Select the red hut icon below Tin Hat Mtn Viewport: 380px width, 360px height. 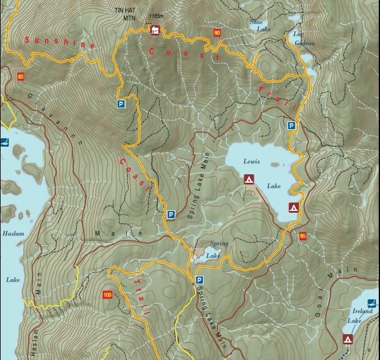point(155,31)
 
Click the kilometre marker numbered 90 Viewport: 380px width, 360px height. point(217,32)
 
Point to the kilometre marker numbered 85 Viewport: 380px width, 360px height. point(22,76)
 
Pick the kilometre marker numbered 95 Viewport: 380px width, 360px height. point(302,236)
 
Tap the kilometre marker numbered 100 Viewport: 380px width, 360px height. point(107,294)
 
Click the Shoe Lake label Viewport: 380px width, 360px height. point(256,25)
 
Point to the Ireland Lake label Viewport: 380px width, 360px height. point(362,316)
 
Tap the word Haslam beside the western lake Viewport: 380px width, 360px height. point(13,233)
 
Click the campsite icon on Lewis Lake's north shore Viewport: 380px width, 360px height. point(249,179)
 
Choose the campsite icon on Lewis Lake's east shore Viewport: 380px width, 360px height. point(294,208)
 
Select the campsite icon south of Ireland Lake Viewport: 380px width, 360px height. point(348,340)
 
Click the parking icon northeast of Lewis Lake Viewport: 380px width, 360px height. point(291,126)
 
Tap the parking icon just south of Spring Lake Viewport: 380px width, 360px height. point(199,280)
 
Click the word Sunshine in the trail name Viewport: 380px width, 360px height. point(59,43)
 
